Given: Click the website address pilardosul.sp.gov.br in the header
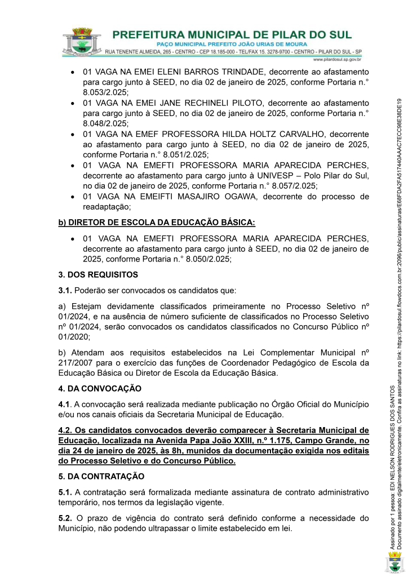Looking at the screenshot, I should (x=337, y=59).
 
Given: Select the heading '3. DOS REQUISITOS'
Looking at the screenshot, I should (x=98, y=275).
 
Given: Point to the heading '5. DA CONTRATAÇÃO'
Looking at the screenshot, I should (x=101, y=476).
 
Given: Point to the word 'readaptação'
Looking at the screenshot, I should (x=105, y=207).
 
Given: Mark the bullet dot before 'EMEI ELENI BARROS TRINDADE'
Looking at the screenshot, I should (x=73, y=73).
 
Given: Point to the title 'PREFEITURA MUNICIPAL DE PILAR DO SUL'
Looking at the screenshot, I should (x=232, y=34).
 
